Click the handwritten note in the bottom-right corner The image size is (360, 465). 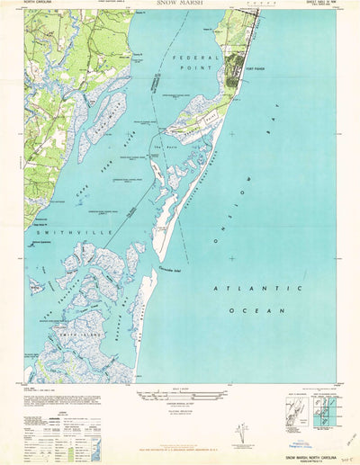[347, 458]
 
